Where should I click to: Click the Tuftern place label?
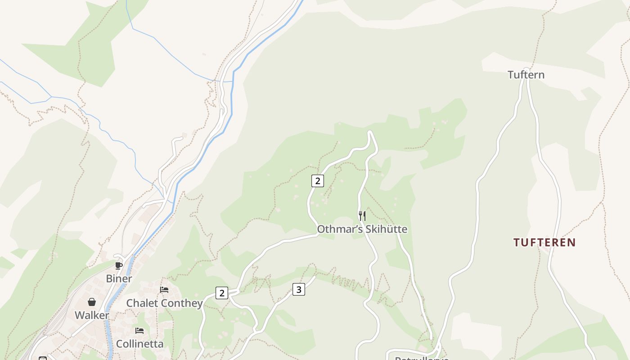tap(526, 75)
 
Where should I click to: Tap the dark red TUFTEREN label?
tap(544, 243)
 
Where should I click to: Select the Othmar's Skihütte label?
tap(362, 229)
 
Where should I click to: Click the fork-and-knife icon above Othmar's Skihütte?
tap(362, 216)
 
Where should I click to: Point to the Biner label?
tap(119, 279)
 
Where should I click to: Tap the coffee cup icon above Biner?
tap(119, 265)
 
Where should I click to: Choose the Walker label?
tap(92, 315)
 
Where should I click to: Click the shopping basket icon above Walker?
tap(92, 302)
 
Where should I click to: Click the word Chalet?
tap(142, 303)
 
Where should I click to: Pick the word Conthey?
tap(182, 303)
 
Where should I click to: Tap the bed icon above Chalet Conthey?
tap(164, 290)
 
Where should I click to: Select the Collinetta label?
tap(139, 344)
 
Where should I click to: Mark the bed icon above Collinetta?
tap(139, 331)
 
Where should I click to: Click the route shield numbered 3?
tap(299, 289)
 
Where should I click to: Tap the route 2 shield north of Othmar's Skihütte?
tap(318, 181)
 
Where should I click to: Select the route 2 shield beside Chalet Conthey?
tap(221, 293)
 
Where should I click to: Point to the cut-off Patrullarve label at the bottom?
tap(422, 358)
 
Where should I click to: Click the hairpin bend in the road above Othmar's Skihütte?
tap(371, 134)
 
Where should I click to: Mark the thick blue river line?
tap(232, 99)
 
